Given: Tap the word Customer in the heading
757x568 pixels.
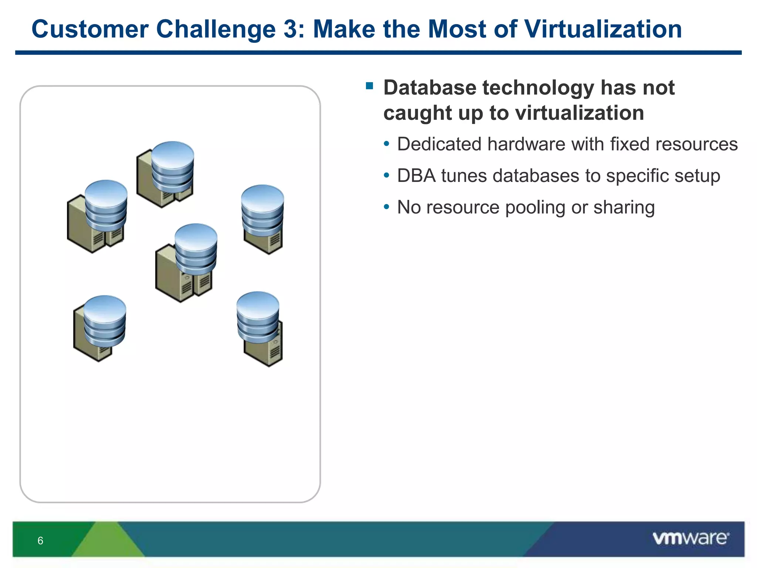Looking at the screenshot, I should (90, 29).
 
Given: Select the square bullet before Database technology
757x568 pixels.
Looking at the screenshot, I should (369, 86).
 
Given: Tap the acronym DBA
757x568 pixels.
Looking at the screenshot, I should (416, 176).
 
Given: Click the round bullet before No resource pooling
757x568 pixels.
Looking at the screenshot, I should (386, 207).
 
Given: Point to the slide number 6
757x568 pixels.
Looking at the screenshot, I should (40, 541).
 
